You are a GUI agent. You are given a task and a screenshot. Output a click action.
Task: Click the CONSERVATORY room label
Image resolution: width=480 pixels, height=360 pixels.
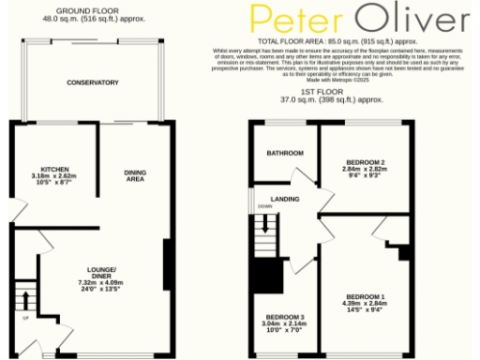tap(92, 82)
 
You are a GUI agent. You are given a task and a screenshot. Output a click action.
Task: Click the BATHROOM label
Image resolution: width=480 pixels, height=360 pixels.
tap(285, 153)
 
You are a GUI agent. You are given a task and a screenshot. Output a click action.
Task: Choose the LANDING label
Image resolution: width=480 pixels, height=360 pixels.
tap(285, 199)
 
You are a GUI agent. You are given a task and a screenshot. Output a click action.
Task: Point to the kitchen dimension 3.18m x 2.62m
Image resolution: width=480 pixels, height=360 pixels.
tap(41, 175)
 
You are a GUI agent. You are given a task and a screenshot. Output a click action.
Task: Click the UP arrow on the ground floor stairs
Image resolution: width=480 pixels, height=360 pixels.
tap(25, 304)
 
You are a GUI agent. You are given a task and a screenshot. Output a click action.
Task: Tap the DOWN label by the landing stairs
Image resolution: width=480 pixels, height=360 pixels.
tap(264, 208)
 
